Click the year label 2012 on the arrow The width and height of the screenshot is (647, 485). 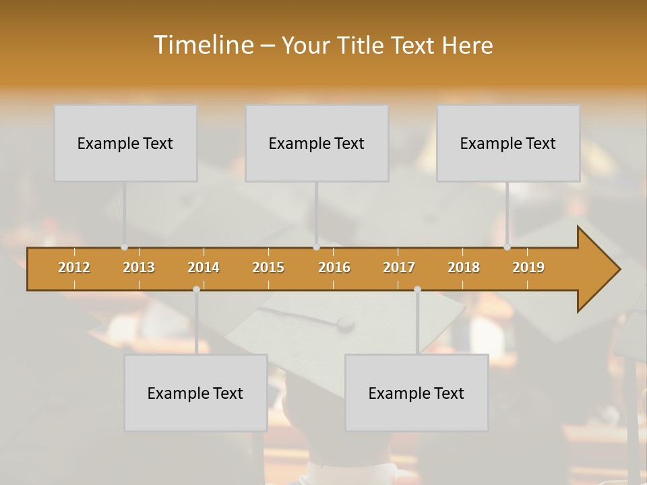click(x=74, y=267)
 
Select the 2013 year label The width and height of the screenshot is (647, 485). click(x=139, y=267)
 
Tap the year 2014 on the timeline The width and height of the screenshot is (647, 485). click(x=204, y=267)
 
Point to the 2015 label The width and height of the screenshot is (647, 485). click(x=268, y=267)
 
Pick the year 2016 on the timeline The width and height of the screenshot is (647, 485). click(x=334, y=267)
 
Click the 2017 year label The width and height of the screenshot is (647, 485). click(x=399, y=267)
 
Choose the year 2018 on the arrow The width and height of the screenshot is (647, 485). click(x=464, y=267)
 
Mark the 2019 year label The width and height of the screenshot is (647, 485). click(x=528, y=267)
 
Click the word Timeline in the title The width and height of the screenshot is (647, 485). click(x=203, y=45)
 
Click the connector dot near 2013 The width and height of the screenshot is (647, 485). click(x=124, y=247)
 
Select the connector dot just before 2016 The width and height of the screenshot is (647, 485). click(x=316, y=247)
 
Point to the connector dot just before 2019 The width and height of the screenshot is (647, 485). click(x=507, y=247)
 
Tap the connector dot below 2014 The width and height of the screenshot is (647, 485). click(x=196, y=290)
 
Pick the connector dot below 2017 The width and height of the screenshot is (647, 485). click(x=417, y=290)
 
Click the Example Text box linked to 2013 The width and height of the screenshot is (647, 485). click(x=125, y=143)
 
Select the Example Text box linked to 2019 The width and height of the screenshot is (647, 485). click(x=508, y=143)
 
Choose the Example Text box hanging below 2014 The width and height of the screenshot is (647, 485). click(x=195, y=393)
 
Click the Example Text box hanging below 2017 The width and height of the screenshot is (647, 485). click(x=417, y=393)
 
